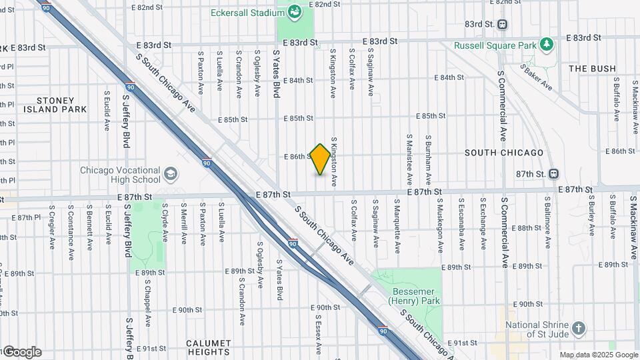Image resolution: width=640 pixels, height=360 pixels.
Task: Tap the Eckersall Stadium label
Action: [244, 13]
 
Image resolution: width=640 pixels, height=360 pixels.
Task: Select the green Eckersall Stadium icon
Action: [294, 12]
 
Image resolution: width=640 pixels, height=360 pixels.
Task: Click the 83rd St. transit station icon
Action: [502, 24]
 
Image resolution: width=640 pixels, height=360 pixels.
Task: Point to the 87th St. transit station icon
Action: [553, 173]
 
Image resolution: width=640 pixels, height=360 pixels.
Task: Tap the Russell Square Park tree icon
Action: [547, 45]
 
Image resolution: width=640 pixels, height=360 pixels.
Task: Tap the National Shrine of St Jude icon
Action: [579, 328]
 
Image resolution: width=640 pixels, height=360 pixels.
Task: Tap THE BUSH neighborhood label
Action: [592, 69]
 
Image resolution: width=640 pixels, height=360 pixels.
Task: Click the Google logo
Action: [21, 352]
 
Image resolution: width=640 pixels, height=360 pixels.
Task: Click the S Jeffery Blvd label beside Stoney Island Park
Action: [125, 121]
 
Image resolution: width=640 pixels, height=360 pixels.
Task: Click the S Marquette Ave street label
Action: [397, 225]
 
